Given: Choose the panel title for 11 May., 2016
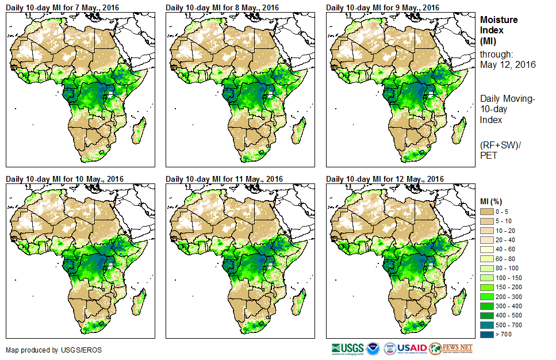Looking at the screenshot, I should point(225,179).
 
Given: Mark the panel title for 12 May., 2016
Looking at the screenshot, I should point(385,179).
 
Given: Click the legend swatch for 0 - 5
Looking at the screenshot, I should point(489,212).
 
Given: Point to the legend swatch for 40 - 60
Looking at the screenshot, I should point(489,249).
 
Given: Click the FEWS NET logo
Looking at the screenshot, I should point(450,348).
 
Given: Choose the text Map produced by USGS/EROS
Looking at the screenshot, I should point(46,350).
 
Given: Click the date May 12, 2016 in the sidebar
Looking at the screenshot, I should point(508,64).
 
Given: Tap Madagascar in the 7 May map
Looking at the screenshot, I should point(138,130).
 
